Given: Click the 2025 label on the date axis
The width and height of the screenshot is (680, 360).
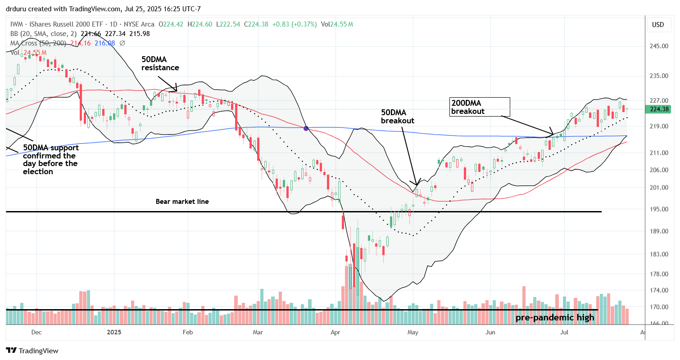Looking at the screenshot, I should point(114,333).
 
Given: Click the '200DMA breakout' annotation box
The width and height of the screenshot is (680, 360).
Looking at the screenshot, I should point(480,107).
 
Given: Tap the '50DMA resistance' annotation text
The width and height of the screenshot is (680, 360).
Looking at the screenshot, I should point(160,64).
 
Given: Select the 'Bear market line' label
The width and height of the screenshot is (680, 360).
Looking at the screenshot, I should point(182,202).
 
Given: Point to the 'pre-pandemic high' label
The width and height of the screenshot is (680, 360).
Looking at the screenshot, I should point(554,318).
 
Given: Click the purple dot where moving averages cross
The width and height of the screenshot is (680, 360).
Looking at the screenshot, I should point(306,129).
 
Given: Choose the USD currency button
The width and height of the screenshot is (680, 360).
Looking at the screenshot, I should point(657,25).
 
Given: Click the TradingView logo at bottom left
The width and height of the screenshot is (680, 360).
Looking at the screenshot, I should point(32,351).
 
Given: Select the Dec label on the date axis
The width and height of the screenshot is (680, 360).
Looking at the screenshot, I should point(36,333).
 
